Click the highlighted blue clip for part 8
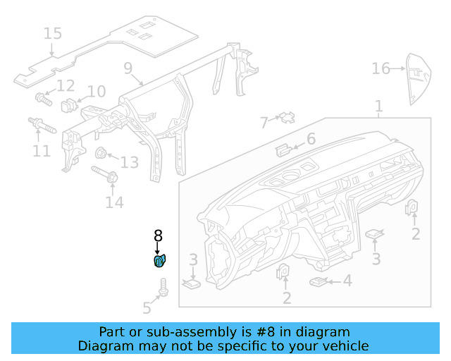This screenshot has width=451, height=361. coord(159,262)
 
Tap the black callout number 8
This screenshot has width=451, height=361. coord(158,236)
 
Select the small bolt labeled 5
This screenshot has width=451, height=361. coord(163,287)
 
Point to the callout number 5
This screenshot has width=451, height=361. coord(147,307)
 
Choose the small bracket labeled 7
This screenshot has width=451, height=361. coord(286,117)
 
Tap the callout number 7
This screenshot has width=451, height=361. coord(264,123)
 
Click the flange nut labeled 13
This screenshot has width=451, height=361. coord(101,153)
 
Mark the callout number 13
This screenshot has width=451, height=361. coord(129,163)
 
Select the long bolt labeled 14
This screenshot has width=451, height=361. coord(102,174)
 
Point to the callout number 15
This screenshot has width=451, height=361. coord(52,33)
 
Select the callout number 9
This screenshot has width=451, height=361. coord(128,68)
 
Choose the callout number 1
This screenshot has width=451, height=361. coord(378,106)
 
